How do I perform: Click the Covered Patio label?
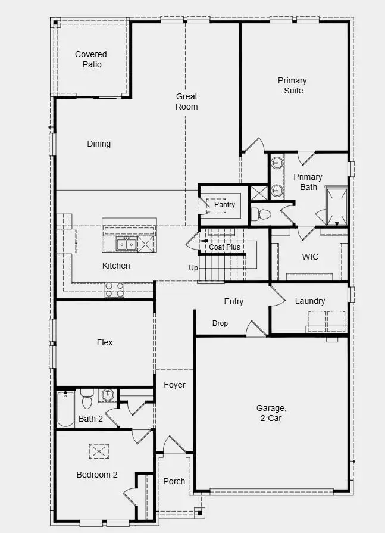pyautogui.click(x=90, y=60)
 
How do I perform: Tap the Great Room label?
pyautogui.click(x=186, y=101)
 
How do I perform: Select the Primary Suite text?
pyautogui.click(x=293, y=85)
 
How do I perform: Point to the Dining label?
pyautogui.click(x=99, y=144)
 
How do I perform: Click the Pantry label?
pyautogui.click(x=224, y=205)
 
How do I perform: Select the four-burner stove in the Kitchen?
pyautogui.click(x=115, y=289)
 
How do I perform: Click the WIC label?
pyautogui.click(x=310, y=257)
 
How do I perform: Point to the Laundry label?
pyautogui.click(x=310, y=301)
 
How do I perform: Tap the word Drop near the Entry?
pyautogui.click(x=220, y=323)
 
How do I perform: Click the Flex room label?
pyautogui.click(x=105, y=342)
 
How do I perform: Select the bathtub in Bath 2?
pyautogui.click(x=65, y=409)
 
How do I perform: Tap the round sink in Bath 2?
pyautogui.click(x=108, y=395)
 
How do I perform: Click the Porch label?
pyautogui.click(x=174, y=481)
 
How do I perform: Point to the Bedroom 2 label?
pyautogui.click(x=97, y=475)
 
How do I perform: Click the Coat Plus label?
pyautogui.click(x=224, y=247)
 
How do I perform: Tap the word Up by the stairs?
pyautogui.click(x=193, y=268)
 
